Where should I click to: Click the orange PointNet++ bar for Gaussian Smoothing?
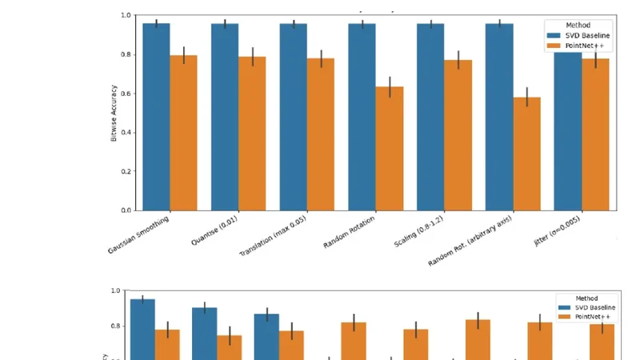click(183, 133)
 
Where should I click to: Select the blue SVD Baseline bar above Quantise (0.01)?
click(225, 117)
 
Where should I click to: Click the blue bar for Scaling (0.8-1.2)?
click(430, 117)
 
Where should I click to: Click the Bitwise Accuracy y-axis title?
click(114, 113)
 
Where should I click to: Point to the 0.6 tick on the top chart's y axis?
click(126, 94)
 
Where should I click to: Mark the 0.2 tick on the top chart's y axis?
click(126, 171)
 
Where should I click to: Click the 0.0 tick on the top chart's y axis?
click(126, 210)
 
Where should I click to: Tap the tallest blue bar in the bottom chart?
click(142, 328)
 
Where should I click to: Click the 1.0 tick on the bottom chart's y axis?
click(114, 291)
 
